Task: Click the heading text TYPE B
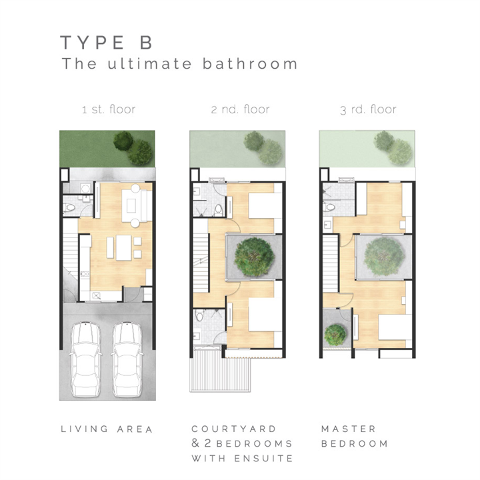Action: (x=106, y=42)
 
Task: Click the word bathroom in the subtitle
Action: (x=250, y=64)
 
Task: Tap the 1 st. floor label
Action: (x=109, y=109)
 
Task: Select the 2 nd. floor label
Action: (x=240, y=109)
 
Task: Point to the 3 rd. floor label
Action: (x=368, y=109)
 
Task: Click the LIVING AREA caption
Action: (x=107, y=429)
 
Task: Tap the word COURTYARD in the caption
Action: (x=234, y=429)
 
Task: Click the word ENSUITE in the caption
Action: (x=263, y=458)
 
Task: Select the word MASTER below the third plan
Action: (x=349, y=429)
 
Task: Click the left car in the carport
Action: (x=86, y=359)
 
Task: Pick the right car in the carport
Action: (x=127, y=359)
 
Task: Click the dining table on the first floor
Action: (x=123, y=247)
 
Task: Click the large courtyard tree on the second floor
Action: (x=254, y=257)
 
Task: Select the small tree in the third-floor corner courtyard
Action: (x=335, y=335)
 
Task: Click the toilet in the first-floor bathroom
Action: (x=69, y=208)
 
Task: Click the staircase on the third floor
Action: (x=330, y=264)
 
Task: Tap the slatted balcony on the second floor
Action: (x=220, y=371)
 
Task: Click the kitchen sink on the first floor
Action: (x=97, y=296)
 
